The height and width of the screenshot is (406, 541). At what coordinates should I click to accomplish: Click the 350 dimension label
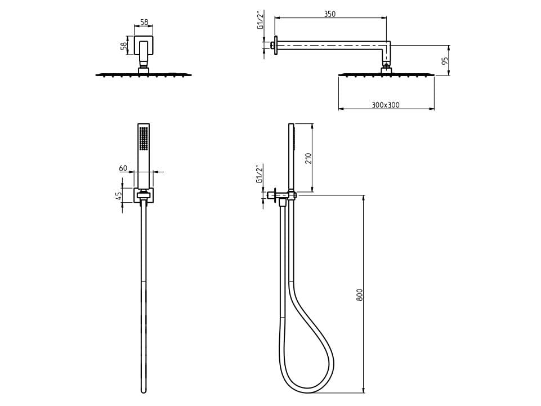point(329,14)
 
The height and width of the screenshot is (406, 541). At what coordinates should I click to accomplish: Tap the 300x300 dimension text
point(386,105)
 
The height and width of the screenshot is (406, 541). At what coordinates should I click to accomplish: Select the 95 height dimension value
point(445,60)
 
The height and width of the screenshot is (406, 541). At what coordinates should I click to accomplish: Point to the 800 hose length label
point(360,295)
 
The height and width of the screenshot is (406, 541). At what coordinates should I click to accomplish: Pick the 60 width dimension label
point(123,168)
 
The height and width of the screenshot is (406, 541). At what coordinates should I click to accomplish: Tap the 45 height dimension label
point(119,196)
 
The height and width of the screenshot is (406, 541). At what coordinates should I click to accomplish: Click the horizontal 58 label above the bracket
point(144,22)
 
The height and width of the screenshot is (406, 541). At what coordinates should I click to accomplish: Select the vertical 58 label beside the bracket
point(123,46)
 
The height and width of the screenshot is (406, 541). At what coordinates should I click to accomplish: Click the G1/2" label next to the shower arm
point(261,21)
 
